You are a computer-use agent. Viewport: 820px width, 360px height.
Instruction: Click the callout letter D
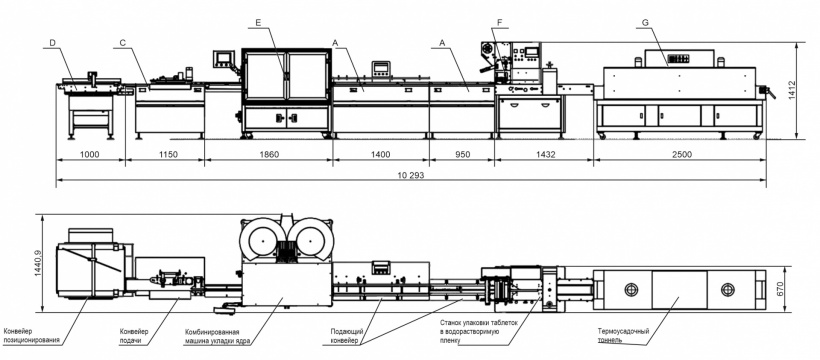pyautogui.click(x=52, y=41)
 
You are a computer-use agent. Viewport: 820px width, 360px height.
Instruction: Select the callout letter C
pyautogui.click(x=122, y=41)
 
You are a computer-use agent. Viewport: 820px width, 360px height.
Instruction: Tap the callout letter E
pyautogui.click(x=258, y=22)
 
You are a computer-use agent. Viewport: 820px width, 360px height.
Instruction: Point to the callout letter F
pyautogui.click(x=500, y=22)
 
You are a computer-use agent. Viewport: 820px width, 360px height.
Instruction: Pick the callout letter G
pyautogui.click(x=645, y=22)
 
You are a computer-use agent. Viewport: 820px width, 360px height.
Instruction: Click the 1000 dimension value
pyautogui.click(x=90, y=154)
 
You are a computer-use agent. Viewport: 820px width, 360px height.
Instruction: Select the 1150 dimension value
pyautogui.click(x=169, y=154)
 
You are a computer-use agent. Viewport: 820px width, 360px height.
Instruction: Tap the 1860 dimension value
pyautogui.click(x=269, y=154)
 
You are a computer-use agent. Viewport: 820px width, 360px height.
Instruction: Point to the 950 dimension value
pyautogui.click(x=463, y=154)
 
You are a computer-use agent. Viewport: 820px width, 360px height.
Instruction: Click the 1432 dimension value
pyautogui.click(x=545, y=154)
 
